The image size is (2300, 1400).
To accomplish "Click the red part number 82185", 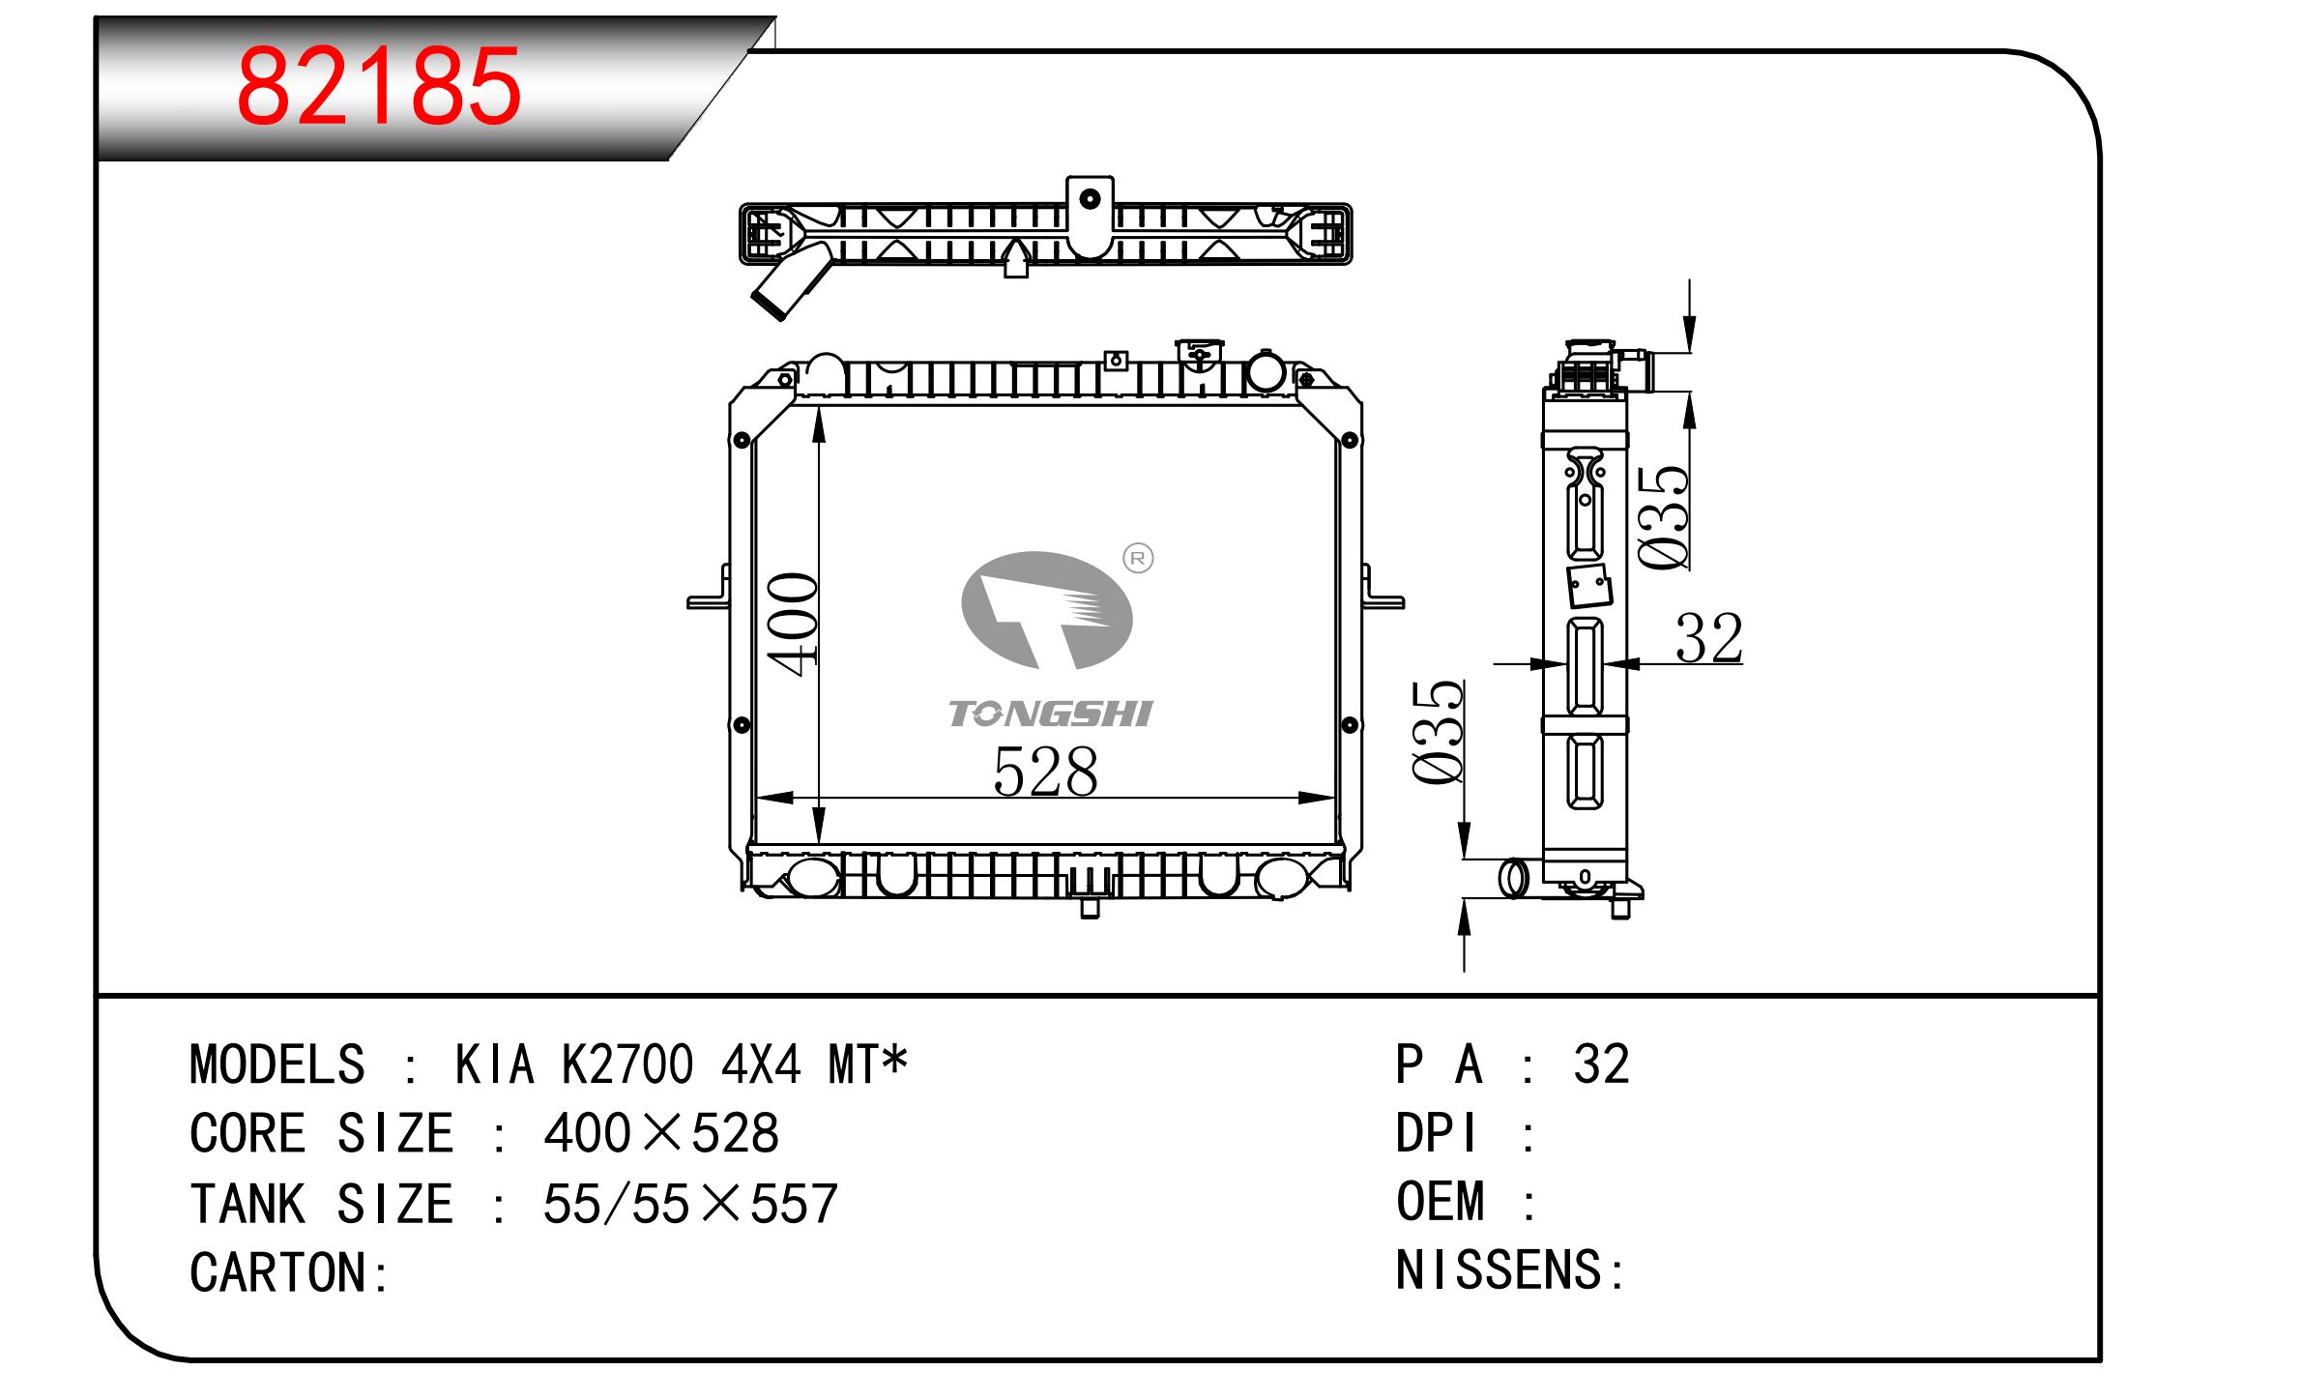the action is tap(379, 88).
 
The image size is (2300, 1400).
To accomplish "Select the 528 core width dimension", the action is tap(1045, 772).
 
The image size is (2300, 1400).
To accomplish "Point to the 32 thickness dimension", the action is tap(1709, 638).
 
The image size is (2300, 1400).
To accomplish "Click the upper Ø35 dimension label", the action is tap(1665, 518).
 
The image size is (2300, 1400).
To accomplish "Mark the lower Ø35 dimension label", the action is tap(1438, 732).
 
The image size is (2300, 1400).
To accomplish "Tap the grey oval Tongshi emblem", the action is tap(1046, 610).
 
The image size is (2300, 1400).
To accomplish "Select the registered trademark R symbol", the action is tap(1138, 558).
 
